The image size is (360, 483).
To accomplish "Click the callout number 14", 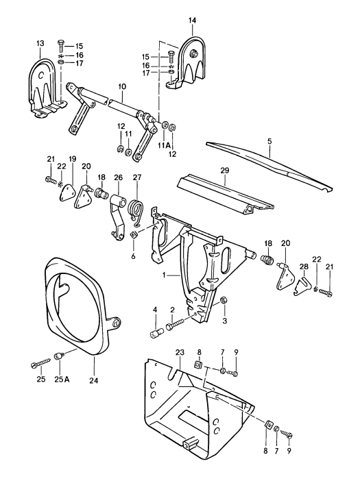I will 193,21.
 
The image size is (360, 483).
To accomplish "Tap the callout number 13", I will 38,44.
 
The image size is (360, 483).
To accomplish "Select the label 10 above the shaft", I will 121,86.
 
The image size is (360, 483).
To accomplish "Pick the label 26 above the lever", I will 118,177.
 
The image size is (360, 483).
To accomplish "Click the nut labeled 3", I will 224,300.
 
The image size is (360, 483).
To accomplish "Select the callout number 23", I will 180,353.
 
